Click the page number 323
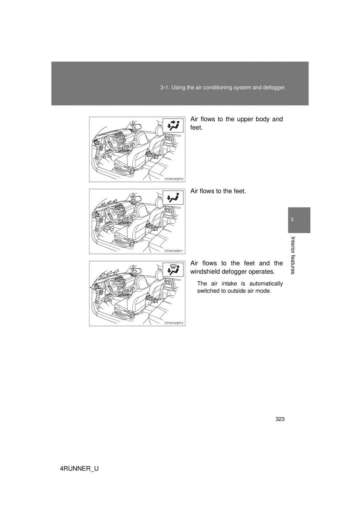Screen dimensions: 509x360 point(279,419)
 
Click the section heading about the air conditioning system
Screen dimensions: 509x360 point(222,87)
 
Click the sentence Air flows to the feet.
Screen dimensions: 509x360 point(218,191)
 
